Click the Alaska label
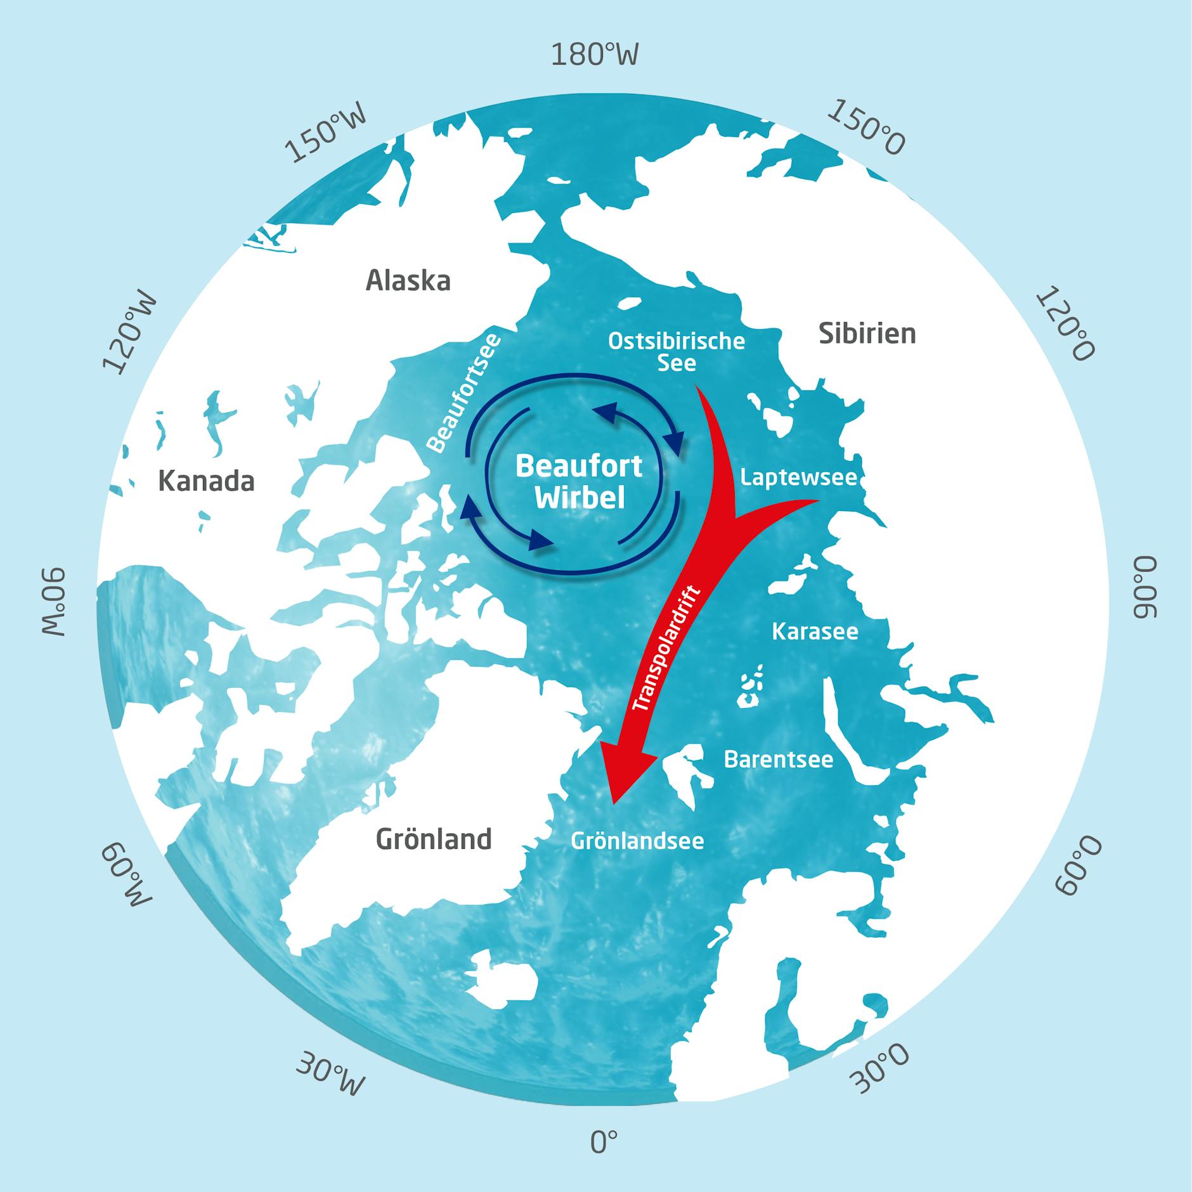tap(408, 280)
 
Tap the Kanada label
tap(206, 481)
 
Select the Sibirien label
tap(867, 334)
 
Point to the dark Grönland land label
tap(434, 839)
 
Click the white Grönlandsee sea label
tap(637, 841)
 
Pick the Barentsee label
tap(779, 759)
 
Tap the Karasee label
tap(815, 631)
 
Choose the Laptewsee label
tap(798, 477)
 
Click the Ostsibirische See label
tap(677, 352)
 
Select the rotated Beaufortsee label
tap(463, 392)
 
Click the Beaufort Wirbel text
tap(579, 482)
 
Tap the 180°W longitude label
tap(594, 55)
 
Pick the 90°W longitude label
tap(55, 602)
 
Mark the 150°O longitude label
tap(866, 127)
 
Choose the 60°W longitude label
tap(127, 876)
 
